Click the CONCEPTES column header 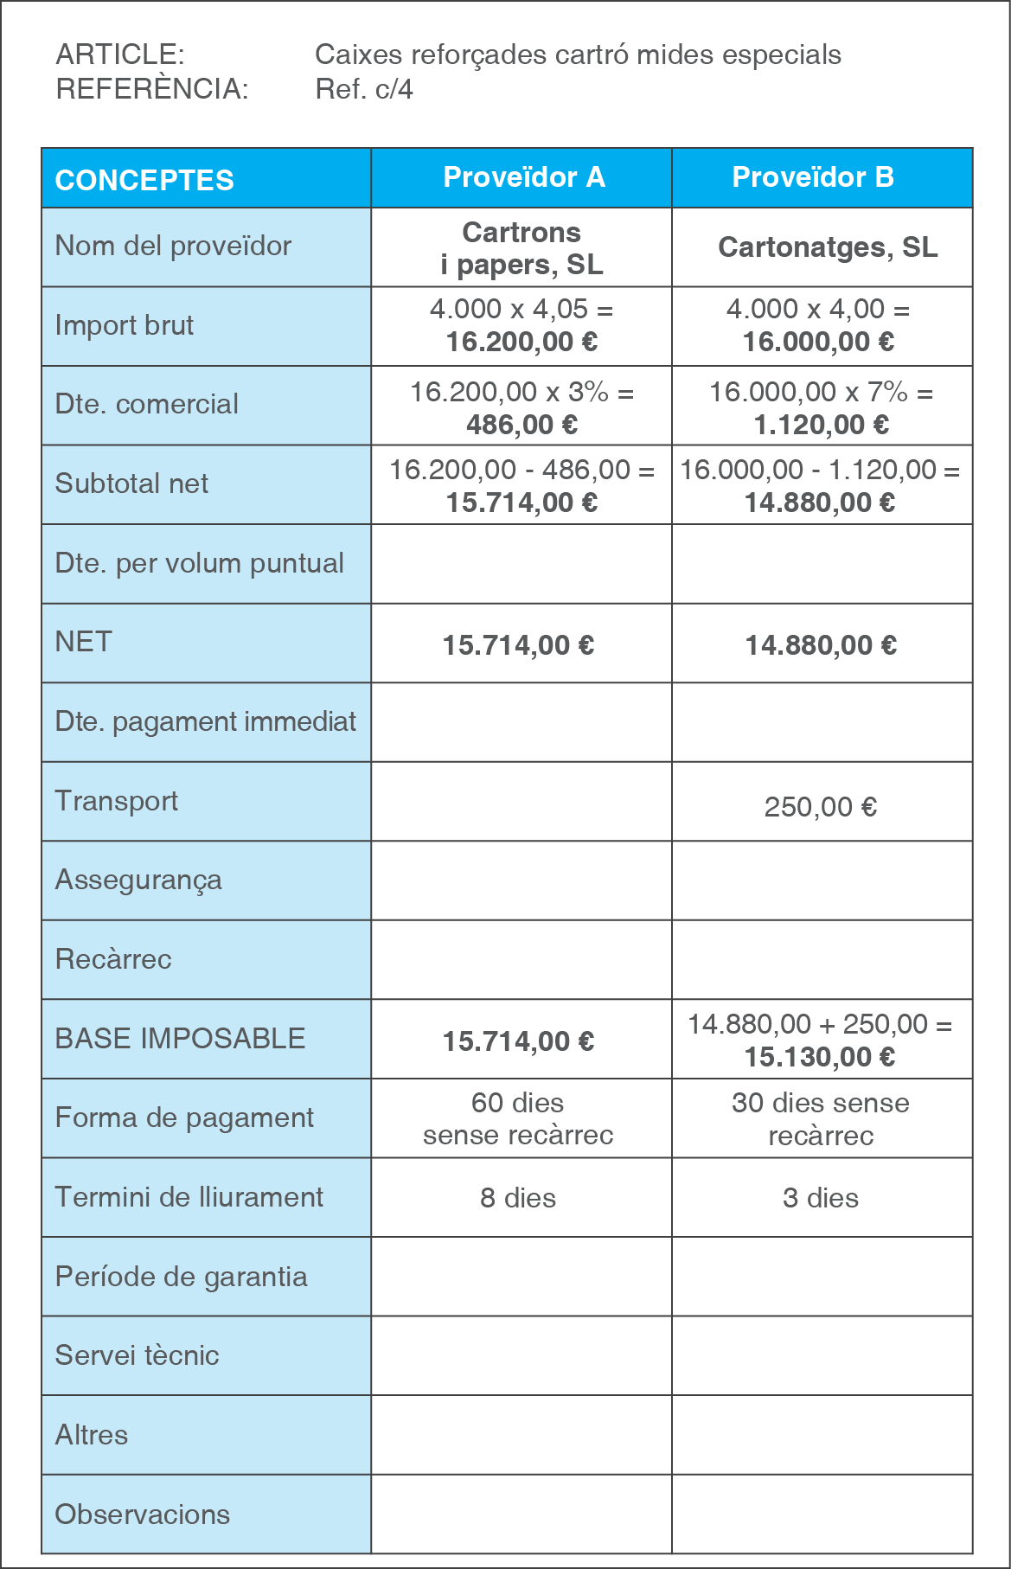pos(144,180)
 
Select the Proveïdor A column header pos(523,177)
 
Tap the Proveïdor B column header pos(813,177)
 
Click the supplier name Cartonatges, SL pos(828,247)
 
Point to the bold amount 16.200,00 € pos(521,342)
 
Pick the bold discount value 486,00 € pos(521,425)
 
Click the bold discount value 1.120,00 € pos(821,425)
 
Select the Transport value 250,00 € pos(820,807)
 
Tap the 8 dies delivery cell pos(518,1198)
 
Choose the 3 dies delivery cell pos(821,1198)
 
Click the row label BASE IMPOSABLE pos(180,1039)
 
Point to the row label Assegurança pos(138,881)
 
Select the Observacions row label pos(143,1515)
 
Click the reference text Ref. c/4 pos(364,89)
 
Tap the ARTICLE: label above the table pos(120,54)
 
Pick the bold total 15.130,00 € pos(820,1057)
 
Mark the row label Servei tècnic pos(137,1355)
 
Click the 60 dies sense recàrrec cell pos(518,1118)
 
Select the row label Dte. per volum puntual pos(199,563)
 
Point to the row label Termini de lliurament pos(189,1197)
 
